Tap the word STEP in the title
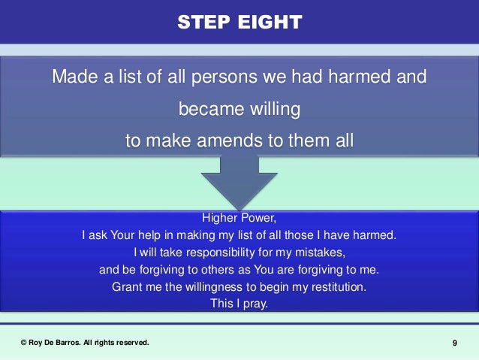point(205,23)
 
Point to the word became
point(206,110)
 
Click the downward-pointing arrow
point(239,180)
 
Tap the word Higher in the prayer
point(221,219)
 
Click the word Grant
point(126,287)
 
